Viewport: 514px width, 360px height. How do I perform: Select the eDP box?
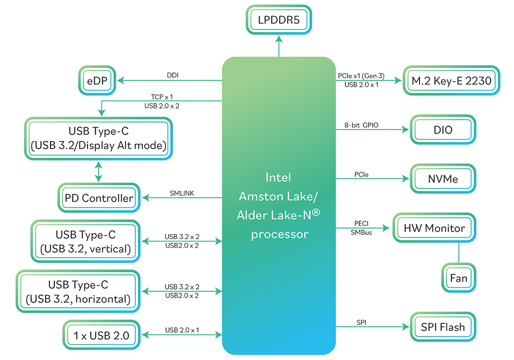[97, 81]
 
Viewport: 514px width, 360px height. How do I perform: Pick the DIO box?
[443, 130]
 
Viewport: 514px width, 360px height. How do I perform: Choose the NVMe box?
[443, 179]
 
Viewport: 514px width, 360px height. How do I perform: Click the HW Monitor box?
[434, 228]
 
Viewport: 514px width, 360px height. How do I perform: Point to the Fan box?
[458, 278]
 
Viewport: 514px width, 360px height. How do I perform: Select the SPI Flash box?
[443, 327]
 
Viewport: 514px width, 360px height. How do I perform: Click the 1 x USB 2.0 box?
[101, 336]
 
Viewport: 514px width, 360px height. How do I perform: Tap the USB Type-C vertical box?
[86, 242]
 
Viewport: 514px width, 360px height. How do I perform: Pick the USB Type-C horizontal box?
[79, 291]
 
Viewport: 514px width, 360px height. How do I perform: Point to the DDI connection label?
[173, 75]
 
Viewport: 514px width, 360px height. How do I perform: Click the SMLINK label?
[182, 193]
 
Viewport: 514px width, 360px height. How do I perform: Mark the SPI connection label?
[361, 322]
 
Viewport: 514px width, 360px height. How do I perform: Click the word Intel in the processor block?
[279, 177]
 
